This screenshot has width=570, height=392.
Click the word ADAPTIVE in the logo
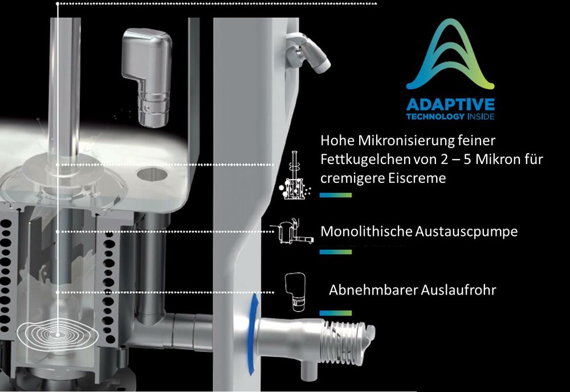click(450, 105)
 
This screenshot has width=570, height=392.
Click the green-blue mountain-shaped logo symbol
click(450, 54)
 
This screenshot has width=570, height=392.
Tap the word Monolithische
click(367, 231)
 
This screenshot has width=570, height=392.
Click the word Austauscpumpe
click(466, 231)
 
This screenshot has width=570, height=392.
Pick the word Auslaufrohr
click(458, 290)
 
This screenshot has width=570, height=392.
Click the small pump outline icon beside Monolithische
click(292, 231)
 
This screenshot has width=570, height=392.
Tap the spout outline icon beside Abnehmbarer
click(295, 292)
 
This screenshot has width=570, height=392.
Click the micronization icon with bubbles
click(295, 175)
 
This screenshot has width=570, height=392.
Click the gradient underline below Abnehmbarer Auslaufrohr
click(336, 313)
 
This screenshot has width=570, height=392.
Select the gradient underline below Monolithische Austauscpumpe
click(336, 252)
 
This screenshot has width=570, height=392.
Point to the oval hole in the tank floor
click(152, 174)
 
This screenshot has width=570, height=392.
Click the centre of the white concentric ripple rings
click(58, 334)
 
